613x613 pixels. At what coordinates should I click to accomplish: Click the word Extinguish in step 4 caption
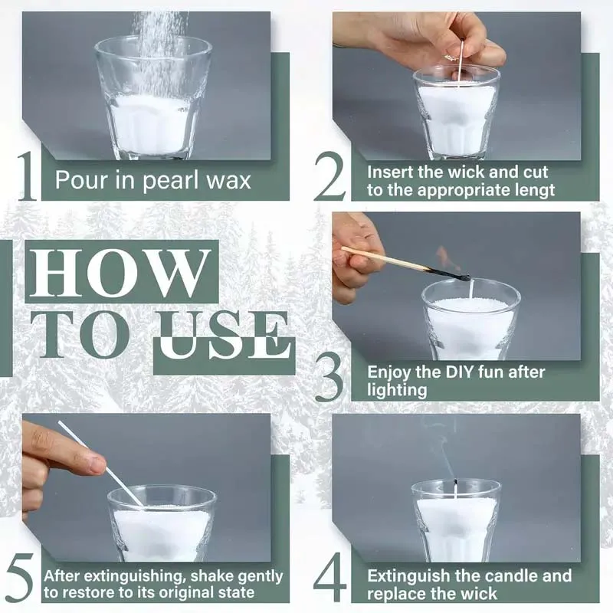[407, 575]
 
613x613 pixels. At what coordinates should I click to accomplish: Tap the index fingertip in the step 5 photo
[93, 464]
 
